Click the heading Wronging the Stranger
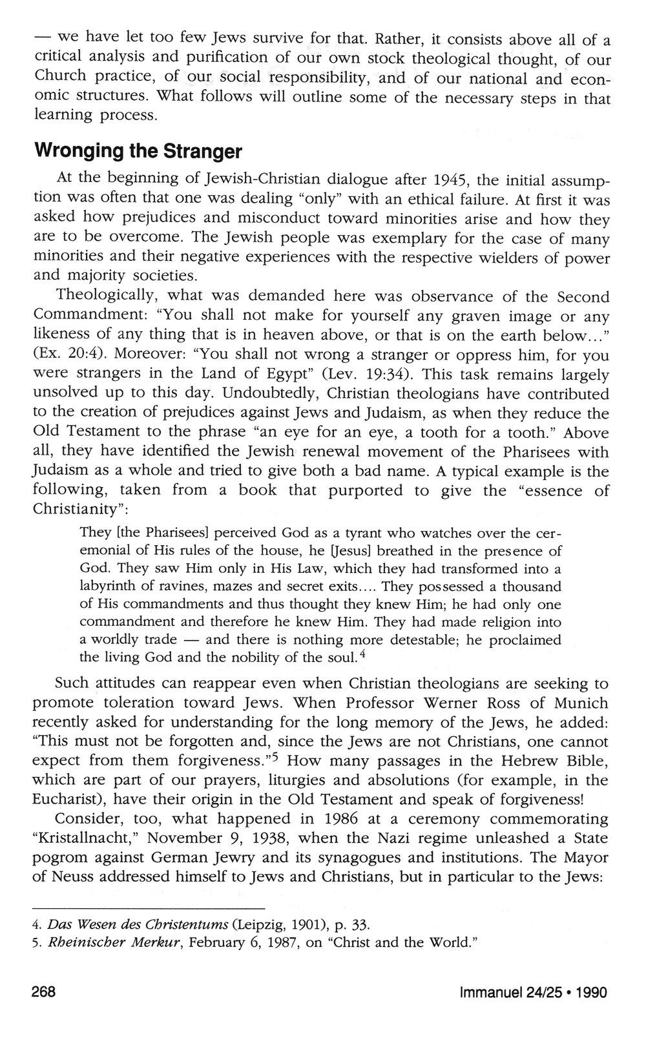138,152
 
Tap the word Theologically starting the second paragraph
107,296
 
